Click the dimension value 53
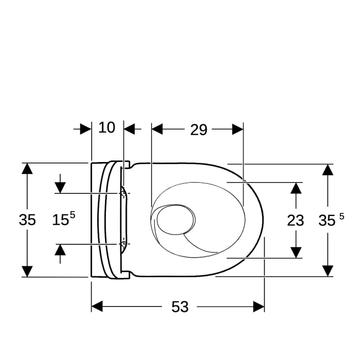[x=180, y=307]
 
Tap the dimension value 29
[x=199, y=130]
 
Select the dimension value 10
[x=106, y=128]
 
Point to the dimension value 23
[x=296, y=221]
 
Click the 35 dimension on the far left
[x=27, y=220]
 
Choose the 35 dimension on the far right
[x=331, y=220]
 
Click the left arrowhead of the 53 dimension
[x=97, y=307]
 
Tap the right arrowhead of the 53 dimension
[x=259, y=307]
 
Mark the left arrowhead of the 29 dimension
[x=157, y=129]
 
